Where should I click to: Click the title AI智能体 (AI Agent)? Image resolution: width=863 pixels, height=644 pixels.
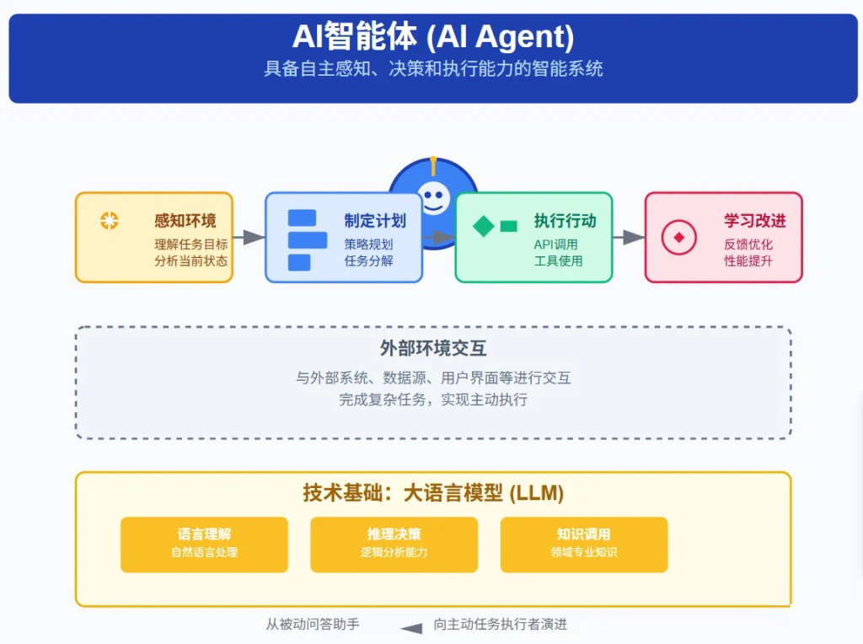click(x=433, y=36)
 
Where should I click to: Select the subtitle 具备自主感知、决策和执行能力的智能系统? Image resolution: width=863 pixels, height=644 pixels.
click(x=433, y=68)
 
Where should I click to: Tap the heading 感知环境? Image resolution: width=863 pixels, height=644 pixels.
click(x=185, y=221)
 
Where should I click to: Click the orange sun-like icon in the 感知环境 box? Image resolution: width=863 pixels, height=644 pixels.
click(x=109, y=220)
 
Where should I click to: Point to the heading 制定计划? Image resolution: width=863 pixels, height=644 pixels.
click(x=375, y=221)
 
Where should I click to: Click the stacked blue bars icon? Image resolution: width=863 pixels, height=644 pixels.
click(x=307, y=240)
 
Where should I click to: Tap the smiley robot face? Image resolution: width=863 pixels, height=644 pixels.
click(x=434, y=197)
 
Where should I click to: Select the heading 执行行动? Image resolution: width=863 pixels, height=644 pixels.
click(x=565, y=221)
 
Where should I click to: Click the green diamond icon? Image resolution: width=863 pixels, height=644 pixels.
click(x=484, y=226)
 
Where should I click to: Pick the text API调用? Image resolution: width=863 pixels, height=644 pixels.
click(x=555, y=244)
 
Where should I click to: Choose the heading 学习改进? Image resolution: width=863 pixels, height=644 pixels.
click(x=754, y=221)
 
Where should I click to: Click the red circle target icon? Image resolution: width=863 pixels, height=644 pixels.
click(x=679, y=237)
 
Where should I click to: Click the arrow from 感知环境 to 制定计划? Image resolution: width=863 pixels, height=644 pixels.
click(x=249, y=237)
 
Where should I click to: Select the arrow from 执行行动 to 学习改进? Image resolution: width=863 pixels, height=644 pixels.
click(x=629, y=237)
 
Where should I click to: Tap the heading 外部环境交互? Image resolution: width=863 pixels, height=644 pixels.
click(x=433, y=348)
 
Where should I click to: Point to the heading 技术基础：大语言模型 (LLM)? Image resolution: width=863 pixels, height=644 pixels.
click(x=433, y=492)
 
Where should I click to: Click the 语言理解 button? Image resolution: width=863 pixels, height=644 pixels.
click(x=204, y=545)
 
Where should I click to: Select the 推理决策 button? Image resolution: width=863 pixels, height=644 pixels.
click(x=394, y=545)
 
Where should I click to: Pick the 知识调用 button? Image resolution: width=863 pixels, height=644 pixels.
click(x=584, y=545)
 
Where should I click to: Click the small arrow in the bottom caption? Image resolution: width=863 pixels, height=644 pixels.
click(x=411, y=628)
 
